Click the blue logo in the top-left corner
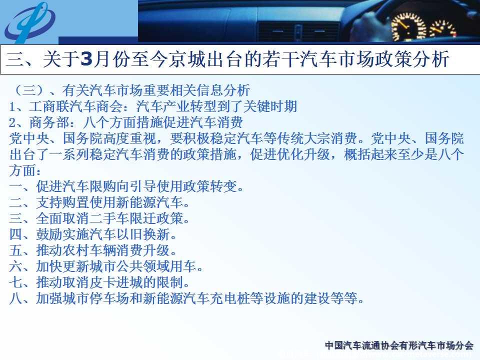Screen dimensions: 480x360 tap(29, 22)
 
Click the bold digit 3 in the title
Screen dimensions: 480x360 tap(86, 59)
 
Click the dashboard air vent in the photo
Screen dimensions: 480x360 tap(298, 31)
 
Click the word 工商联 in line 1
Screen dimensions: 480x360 tap(49, 106)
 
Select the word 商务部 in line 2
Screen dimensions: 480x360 tap(49, 122)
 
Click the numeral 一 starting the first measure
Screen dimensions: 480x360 tap(15, 186)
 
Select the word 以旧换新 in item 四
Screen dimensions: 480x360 tap(143, 234)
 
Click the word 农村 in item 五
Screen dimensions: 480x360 tap(76, 250)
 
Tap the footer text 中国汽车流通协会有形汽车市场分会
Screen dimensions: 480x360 tap(399, 345)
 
